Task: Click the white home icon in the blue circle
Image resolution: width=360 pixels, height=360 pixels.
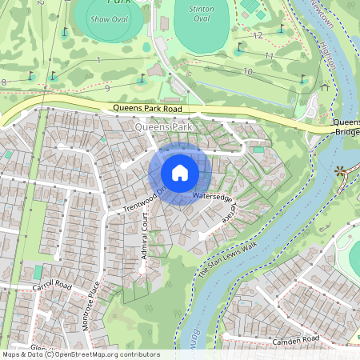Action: (180, 173)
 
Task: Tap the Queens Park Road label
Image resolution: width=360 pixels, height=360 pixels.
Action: (148, 107)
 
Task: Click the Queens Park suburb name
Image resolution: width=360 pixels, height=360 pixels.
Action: (164, 126)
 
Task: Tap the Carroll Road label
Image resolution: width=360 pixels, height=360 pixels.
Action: (52, 286)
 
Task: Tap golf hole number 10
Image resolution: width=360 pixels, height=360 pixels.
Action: (248, 72)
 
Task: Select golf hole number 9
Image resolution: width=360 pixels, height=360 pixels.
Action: (106, 87)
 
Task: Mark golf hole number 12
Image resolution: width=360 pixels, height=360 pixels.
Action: (258, 36)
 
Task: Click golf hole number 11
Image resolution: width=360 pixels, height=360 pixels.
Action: (269, 57)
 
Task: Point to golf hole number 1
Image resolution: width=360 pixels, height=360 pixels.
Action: (98, 60)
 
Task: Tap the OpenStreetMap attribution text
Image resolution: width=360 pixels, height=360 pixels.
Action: (80, 354)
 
